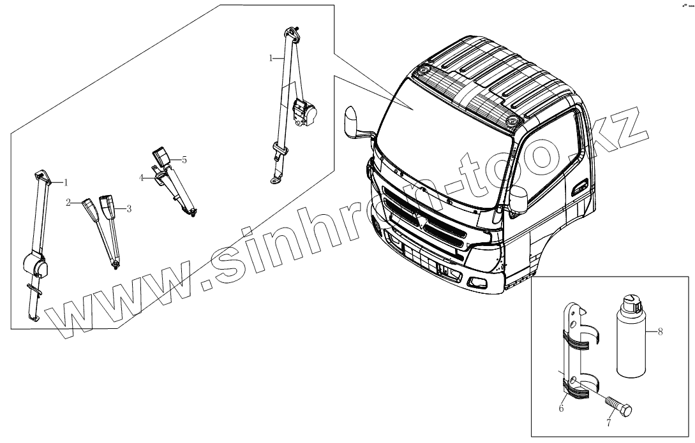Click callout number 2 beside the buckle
pos(68,203)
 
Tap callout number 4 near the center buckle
pos(142,178)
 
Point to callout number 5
pos(184,160)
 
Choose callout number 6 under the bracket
pos(562,408)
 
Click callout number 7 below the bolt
pos(608,423)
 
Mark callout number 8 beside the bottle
pos(661,331)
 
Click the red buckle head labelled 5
pos(160,155)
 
